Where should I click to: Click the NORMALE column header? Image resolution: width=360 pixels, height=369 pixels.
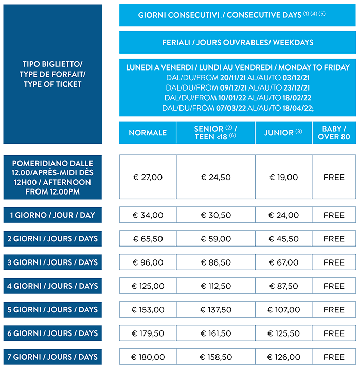point(148,133)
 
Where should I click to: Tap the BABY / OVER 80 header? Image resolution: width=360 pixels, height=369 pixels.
point(334,133)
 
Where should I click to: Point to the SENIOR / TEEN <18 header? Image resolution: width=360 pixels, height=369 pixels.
point(215,133)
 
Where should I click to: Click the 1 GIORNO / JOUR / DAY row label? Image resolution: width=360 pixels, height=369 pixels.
point(53,215)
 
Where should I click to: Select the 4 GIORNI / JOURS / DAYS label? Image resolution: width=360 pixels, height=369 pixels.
point(53,286)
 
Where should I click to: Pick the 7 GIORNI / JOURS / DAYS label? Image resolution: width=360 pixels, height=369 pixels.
point(53,357)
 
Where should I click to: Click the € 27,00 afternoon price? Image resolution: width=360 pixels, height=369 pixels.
point(148,177)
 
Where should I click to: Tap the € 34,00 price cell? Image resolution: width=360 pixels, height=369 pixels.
point(148,215)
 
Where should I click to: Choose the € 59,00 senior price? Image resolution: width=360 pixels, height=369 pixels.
point(215,239)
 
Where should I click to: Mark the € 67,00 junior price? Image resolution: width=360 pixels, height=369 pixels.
point(283,262)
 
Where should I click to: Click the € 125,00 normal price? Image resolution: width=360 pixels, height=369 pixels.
point(148,286)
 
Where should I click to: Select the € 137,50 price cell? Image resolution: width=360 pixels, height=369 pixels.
point(215,310)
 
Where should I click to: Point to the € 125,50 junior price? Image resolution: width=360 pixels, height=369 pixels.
point(283,333)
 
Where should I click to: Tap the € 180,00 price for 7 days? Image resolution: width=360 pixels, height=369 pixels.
point(148,357)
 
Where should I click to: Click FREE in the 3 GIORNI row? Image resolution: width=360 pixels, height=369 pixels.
point(334,262)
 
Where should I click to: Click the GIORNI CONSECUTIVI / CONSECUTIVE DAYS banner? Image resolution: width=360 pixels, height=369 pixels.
point(237,15)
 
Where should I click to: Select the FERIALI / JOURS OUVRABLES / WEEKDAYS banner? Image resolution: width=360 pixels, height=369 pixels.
point(237,42)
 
